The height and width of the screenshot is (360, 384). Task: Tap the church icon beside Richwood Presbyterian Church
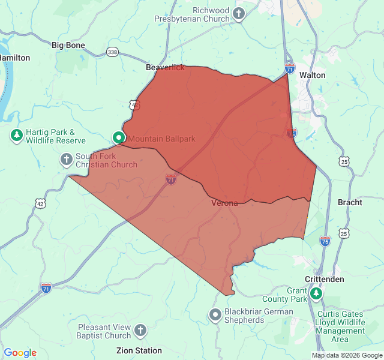point(239,14)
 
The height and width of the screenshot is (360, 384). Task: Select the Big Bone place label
point(68,45)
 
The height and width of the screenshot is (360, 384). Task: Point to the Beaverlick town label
point(165,68)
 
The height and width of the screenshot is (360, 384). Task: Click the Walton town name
point(312,75)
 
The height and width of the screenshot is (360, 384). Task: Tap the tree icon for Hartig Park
point(17,136)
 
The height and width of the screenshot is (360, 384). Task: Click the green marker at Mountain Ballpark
point(119,138)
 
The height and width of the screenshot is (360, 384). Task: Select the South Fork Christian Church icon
point(66,160)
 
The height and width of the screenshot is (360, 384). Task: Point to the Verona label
point(224,203)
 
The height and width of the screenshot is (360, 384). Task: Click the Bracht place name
point(350,202)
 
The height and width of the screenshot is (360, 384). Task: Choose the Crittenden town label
point(324,280)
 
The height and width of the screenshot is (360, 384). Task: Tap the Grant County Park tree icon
point(316,294)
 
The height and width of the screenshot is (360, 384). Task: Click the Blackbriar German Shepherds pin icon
point(215,315)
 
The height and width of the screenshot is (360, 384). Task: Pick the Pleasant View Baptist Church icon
point(140,330)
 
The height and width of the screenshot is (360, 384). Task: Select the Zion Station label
point(139,350)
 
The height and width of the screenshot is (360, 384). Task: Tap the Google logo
point(20,353)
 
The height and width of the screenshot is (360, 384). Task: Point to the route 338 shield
point(112,53)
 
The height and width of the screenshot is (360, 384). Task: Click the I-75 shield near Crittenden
point(325,241)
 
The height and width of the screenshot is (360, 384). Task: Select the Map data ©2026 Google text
point(347,355)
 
